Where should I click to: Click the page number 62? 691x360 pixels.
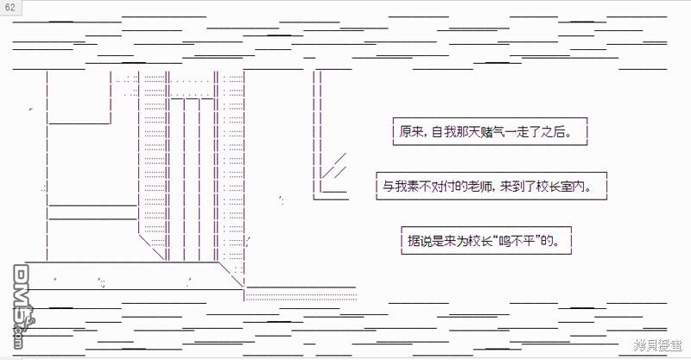10,7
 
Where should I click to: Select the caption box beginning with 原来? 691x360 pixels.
489,132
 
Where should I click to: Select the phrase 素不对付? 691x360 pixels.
421,186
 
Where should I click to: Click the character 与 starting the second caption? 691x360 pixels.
388,186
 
